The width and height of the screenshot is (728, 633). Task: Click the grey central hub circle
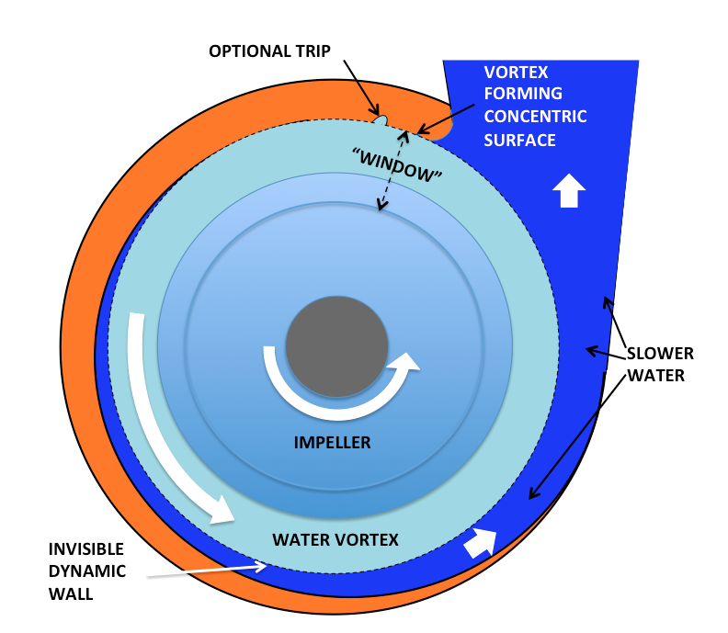tap(336, 346)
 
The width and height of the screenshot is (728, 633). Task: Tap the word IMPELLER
tap(332, 443)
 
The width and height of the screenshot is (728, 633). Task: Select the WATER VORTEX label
tap(336, 539)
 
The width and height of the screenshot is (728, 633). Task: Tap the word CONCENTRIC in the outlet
tap(535, 117)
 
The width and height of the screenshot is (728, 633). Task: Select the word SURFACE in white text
tap(520, 140)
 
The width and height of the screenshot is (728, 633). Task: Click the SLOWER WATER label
tap(660, 364)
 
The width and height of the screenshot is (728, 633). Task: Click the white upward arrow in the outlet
tap(568, 190)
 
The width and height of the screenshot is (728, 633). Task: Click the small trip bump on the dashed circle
tap(381, 119)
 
